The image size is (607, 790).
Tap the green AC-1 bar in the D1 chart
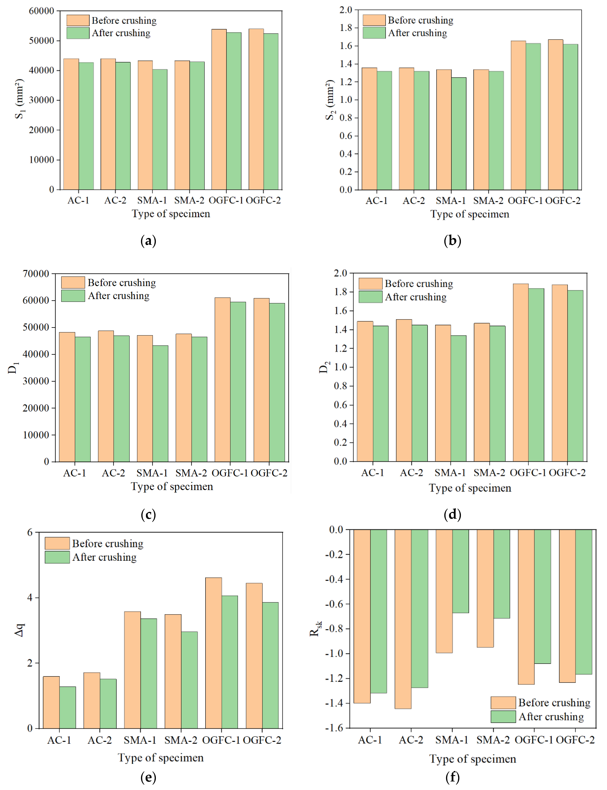[83, 399]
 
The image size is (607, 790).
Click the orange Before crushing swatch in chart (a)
[78, 20]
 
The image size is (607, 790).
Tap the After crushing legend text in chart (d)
[415, 297]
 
